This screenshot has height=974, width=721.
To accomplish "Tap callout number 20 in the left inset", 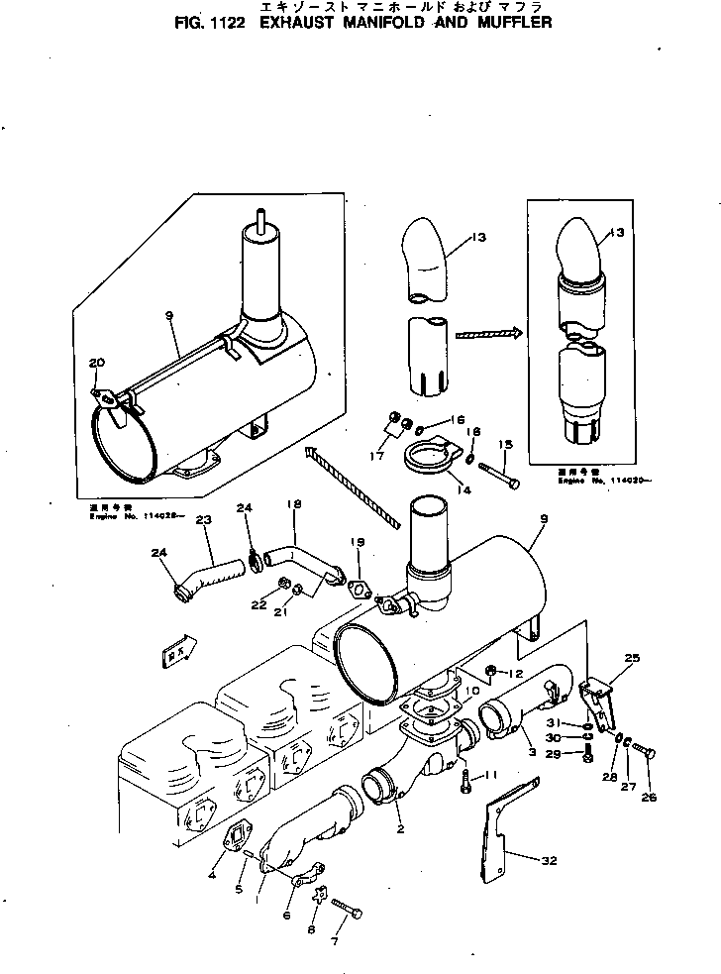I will [x=95, y=363].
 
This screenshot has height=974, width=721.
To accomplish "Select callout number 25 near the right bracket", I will [x=633, y=659].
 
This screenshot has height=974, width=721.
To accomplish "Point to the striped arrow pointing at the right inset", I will [x=488, y=334].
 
